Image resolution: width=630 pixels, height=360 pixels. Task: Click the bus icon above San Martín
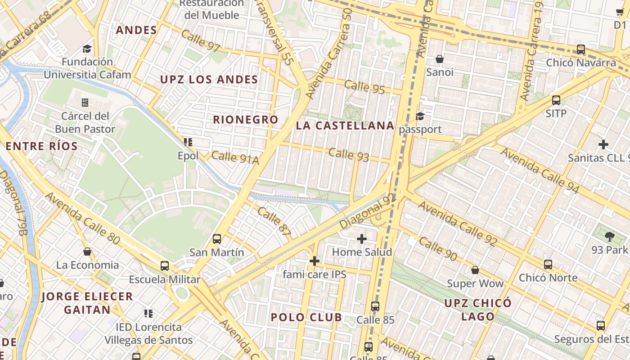coord(217,239)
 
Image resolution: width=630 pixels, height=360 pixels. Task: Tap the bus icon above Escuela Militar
coord(165,266)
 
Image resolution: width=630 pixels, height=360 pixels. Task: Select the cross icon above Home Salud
coord(361,239)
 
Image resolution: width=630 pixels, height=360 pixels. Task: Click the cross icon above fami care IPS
coord(315,261)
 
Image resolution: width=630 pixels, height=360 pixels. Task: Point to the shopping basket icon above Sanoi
coord(440,59)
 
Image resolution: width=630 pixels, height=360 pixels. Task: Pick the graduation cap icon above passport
coord(420,117)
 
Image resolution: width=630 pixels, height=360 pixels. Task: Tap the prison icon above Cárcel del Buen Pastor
coord(85,103)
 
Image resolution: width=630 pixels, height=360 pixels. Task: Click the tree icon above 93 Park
coord(610,236)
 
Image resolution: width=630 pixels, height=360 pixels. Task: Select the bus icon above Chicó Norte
coord(548,265)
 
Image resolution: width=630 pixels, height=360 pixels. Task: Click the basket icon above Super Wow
coord(475,270)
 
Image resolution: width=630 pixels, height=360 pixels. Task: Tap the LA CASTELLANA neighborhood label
coord(345,126)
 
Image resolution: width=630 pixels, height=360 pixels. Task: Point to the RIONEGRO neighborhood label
coord(246,120)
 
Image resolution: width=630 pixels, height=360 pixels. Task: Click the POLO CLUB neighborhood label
coord(306,317)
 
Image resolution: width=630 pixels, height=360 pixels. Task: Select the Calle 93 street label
coord(349,154)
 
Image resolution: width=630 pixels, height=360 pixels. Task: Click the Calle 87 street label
coord(274,222)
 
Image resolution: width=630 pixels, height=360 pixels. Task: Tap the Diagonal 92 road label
coord(367,211)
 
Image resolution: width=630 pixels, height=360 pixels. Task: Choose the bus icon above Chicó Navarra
coord(581,49)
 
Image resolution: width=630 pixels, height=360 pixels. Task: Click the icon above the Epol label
coord(188,142)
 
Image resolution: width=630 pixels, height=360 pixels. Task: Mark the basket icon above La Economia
coord(87,252)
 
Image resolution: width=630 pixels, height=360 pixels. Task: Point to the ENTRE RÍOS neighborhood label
coord(41,146)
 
